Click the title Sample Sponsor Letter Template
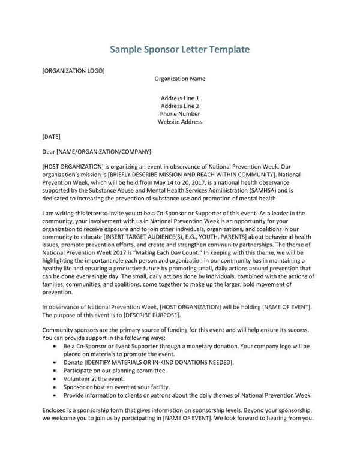(x=179, y=49)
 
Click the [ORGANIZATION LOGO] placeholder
(x=73, y=70)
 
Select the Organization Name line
(x=179, y=79)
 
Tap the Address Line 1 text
(x=179, y=98)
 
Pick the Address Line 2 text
(x=179, y=106)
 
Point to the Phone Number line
(x=179, y=113)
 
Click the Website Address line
(x=179, y=122)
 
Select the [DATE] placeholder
(x=52, y=137)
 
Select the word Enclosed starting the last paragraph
(x=57, y=410)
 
